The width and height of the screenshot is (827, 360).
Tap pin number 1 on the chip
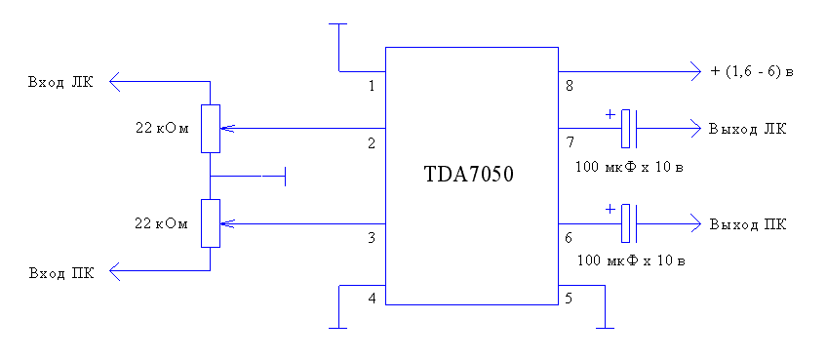(372, 86)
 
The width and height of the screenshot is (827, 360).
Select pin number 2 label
(372, 143)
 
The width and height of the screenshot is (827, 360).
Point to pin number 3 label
(372, 237)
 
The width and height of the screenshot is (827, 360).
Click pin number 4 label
(372, 298)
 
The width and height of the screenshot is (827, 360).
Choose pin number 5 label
(570, 298)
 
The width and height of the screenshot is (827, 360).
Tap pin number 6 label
(570, 237)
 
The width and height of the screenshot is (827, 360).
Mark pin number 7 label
(570, 143)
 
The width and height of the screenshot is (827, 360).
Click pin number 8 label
(570, 86)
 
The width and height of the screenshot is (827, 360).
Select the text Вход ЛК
(61, 82)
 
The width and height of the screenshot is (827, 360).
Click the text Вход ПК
(61, 273)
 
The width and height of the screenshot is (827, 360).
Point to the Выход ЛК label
(747, 129)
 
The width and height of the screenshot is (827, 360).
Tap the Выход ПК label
(747, 224)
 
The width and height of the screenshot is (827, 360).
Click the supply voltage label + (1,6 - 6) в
(753, 71)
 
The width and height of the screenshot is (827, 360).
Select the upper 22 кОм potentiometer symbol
(210, 129)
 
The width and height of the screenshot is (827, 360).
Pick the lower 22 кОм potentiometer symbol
(210, 223)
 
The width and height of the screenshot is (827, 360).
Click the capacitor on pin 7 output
(630, 128)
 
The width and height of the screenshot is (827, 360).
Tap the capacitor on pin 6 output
(630, 223)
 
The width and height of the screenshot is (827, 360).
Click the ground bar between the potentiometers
(284, 177)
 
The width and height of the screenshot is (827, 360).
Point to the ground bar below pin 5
(606, 328)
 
